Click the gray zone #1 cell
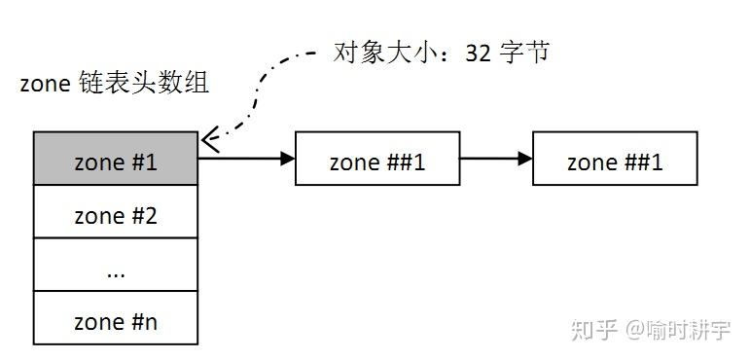coord(116,162)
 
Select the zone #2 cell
coord(116,215)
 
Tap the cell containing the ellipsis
coord(116,270)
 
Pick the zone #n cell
coord(116,322)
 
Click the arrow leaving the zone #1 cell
coord(243,159)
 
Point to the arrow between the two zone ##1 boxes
coord(494,159)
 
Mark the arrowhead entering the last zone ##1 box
coord(526,159)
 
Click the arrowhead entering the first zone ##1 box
coord(288,159)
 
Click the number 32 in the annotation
coord(478,52)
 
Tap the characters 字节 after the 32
coord(524,52)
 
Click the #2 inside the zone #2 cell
coord(143,215)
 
